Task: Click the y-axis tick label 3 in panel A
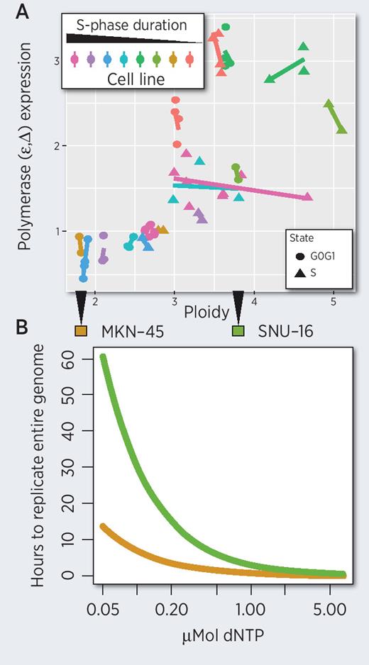point(55,61)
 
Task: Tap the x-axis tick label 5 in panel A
point(333,302)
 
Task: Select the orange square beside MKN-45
point(80,331)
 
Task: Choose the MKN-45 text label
point(126,331)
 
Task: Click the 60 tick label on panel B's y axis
point(67,359)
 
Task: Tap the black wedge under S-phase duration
point(128,40)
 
